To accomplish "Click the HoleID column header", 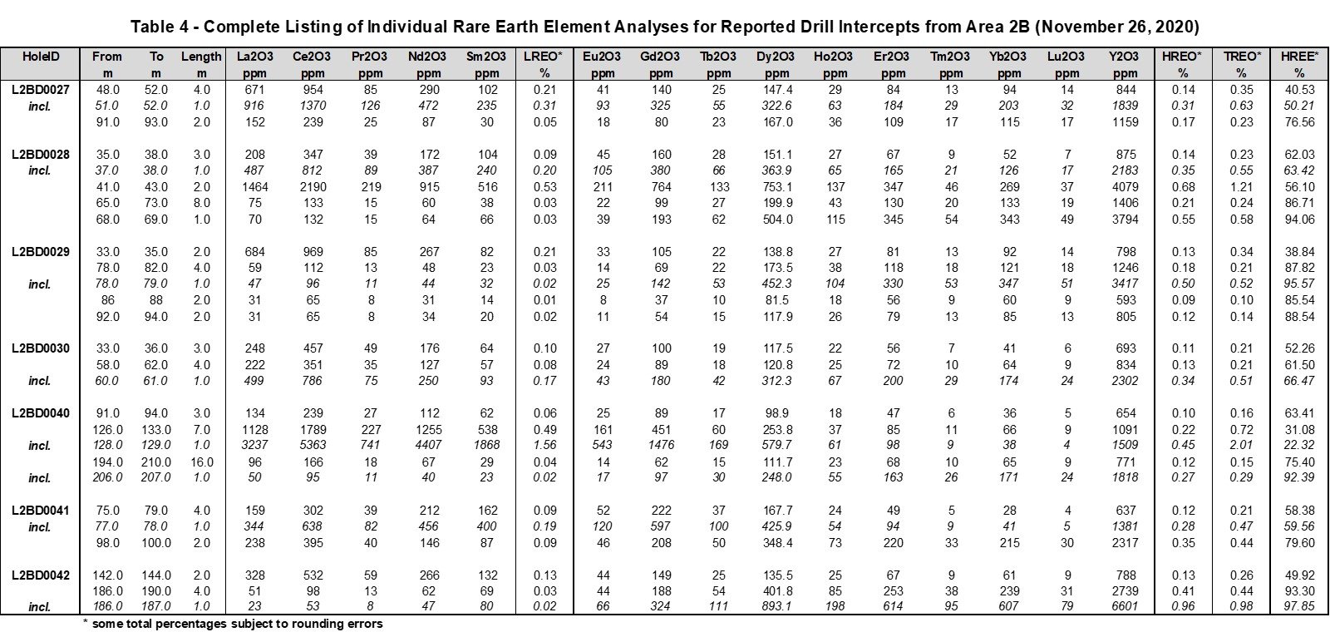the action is click(41, 57).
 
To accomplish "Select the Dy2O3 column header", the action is click(776, 57).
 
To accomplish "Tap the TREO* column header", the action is click(1242, 57).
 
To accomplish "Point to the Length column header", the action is click(201, 57).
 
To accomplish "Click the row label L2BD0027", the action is click(41, 90).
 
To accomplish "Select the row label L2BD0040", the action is click(41, 413).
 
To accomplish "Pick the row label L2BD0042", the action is click(41, 575).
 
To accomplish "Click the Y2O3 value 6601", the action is click(1125, 606).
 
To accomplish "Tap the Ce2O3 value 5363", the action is click(313, 445).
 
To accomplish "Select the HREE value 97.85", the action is click(1299, 606).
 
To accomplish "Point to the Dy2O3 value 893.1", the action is click(776, 606).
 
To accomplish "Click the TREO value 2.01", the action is click(1242, 445).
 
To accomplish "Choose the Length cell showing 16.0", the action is click(202, 462).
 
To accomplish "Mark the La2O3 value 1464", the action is click(254, 187).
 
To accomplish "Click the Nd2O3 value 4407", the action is click(429, 445).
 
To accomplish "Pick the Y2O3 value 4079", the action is click(1125, 187).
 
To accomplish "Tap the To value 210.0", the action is click(156, 462).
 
